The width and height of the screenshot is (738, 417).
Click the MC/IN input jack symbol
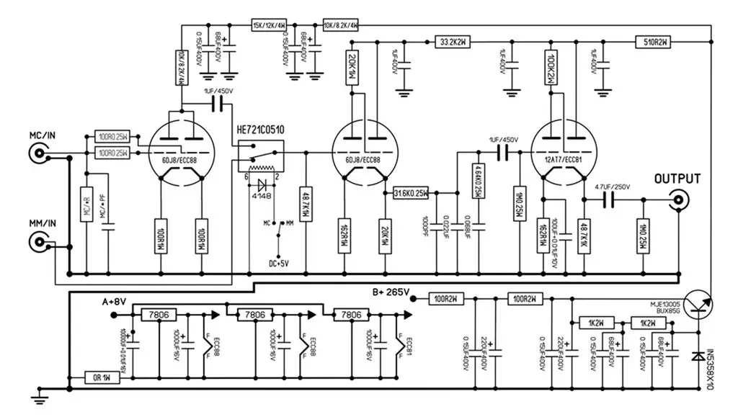[40, 153]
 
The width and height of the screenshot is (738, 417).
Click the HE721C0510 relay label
[260, 130]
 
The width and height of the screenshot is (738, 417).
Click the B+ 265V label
[390, 292]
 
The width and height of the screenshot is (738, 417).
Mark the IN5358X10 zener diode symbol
[698, 357]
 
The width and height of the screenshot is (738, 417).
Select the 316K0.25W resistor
[412, 192]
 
